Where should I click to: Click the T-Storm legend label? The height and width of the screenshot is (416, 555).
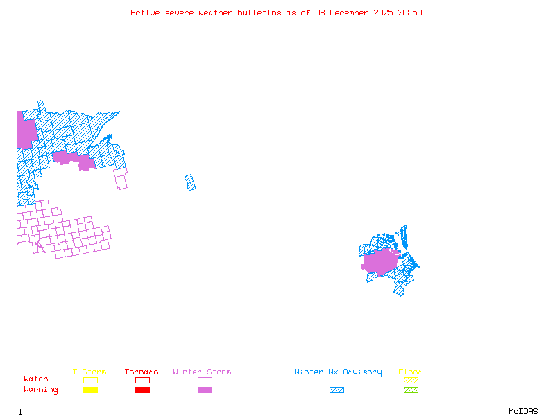(x=89, y=372)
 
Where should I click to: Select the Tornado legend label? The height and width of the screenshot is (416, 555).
(x=142, y=372)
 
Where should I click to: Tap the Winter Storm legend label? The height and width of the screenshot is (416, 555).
(x=202, y=372)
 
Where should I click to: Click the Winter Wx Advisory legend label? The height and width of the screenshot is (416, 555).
(x=338, y=372)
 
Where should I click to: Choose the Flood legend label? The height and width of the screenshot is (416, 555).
(x=411, y=372)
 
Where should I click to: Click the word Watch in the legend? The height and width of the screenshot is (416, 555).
(x=36, y=379)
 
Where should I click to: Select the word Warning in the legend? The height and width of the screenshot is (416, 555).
(x=41, y=390)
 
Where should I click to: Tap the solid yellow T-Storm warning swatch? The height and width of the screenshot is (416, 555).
(x=90, y=390)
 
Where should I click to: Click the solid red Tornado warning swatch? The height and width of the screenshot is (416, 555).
(x=142, y=390)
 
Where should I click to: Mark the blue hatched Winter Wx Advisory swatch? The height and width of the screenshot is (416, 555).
(x=336, y=390)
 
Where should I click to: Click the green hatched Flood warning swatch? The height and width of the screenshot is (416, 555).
(x=411, y=390)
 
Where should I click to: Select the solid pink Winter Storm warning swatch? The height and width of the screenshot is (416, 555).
(x=205, y=390)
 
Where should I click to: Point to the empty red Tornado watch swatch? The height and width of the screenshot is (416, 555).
(x=142, y=380)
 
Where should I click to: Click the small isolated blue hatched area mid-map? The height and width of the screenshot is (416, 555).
(x=190, y=182)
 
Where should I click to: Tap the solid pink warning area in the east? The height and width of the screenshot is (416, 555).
(x=380, y=262)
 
